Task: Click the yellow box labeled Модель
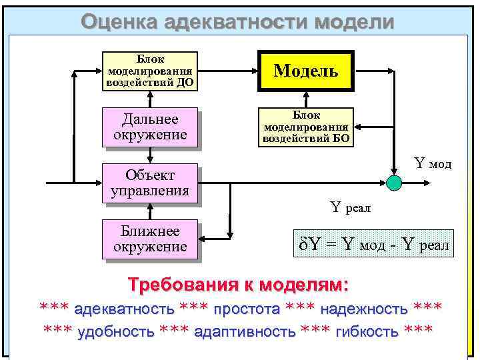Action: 307,70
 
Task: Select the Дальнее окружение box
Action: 150,127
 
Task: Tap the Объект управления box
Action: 150,183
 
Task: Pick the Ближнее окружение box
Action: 150,239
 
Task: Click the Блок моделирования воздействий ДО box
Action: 150,70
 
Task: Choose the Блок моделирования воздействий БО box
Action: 307,127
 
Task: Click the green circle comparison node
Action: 394,182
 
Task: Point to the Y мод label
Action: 433,163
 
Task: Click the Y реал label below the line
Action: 351,208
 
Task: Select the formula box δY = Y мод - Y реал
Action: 373,245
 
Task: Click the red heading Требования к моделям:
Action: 239,285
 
